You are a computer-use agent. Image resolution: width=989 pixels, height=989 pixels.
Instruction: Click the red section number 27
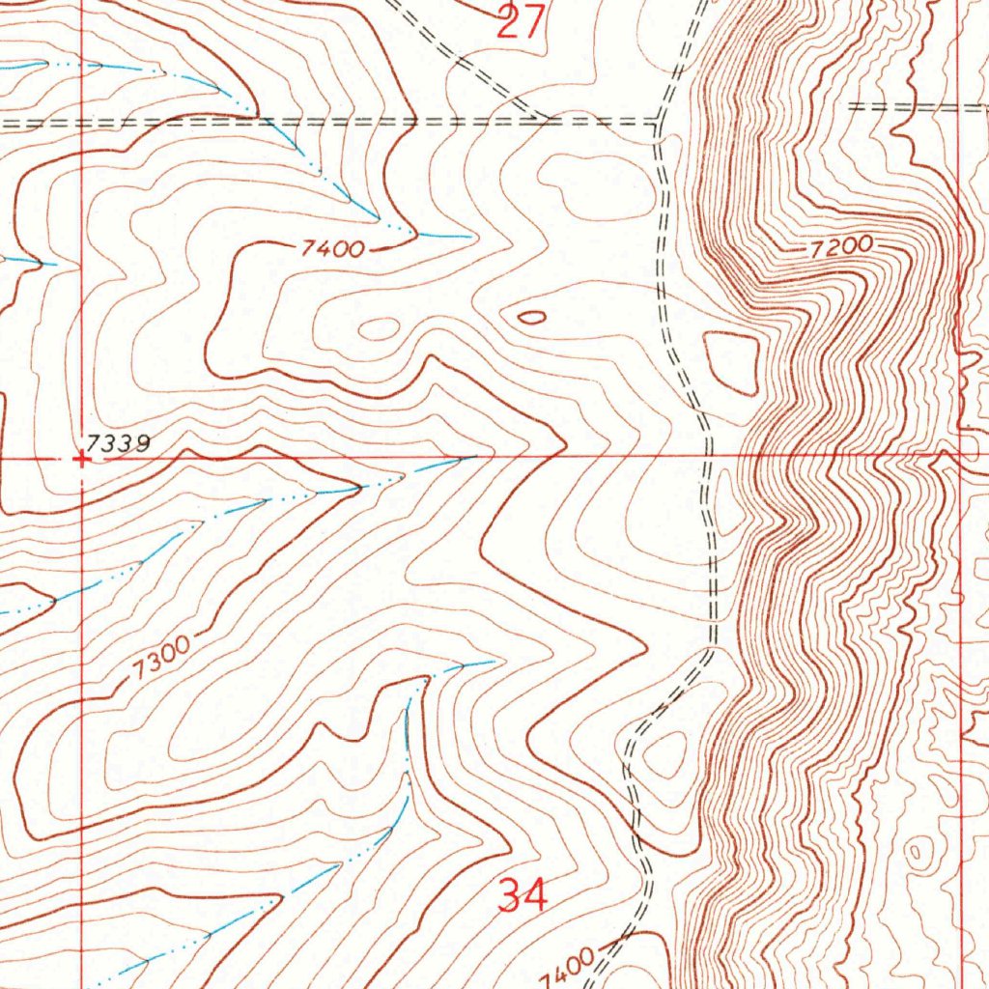point(522,21)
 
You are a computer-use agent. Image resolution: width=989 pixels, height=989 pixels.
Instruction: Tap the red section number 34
point(523,896)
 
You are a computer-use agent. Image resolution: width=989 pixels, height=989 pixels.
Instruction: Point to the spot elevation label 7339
point(117,443)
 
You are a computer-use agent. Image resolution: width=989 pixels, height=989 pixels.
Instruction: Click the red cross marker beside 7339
point(83,461)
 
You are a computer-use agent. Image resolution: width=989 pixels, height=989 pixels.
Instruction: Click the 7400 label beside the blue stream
point(332,250)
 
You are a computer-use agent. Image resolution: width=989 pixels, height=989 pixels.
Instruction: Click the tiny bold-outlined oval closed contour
point(531,316)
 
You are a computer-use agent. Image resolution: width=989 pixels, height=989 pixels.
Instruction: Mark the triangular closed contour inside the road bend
point(664,754)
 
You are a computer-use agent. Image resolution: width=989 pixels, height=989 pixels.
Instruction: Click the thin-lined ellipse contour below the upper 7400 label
point(379,328)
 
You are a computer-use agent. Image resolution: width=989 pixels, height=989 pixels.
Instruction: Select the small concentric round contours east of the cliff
point(917,851)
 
